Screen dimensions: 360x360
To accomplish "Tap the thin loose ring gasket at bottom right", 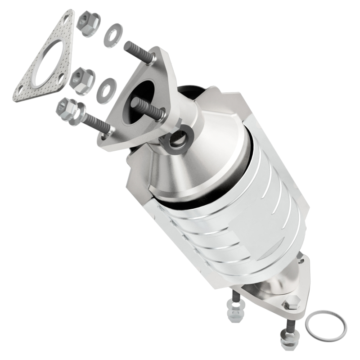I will [x=326, y=325].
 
